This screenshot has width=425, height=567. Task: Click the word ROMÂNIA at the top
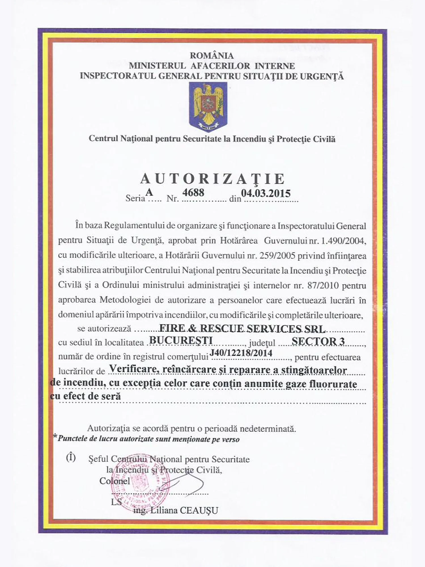pos(212,56)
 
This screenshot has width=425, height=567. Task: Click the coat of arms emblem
pos(208,107)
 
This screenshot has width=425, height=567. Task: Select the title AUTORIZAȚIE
pos(212,179)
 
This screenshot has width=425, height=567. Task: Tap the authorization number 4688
pos(193,193)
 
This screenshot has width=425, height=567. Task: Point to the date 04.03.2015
pos(266,193)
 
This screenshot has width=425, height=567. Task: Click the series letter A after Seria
pos(149,192)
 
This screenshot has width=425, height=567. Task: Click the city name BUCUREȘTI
pos(181,340)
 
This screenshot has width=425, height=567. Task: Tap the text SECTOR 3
pos(318,341)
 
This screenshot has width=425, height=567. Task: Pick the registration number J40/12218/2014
pos(241,353)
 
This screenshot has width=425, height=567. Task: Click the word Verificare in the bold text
pos(133,369)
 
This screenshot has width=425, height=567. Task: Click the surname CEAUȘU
pos(199,511)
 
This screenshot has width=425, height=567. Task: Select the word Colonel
pos(114,481)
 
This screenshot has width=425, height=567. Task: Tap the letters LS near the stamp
pos(116,502)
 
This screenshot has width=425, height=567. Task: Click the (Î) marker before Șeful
pos(71,457)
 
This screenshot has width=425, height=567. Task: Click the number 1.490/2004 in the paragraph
pos(343,241)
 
